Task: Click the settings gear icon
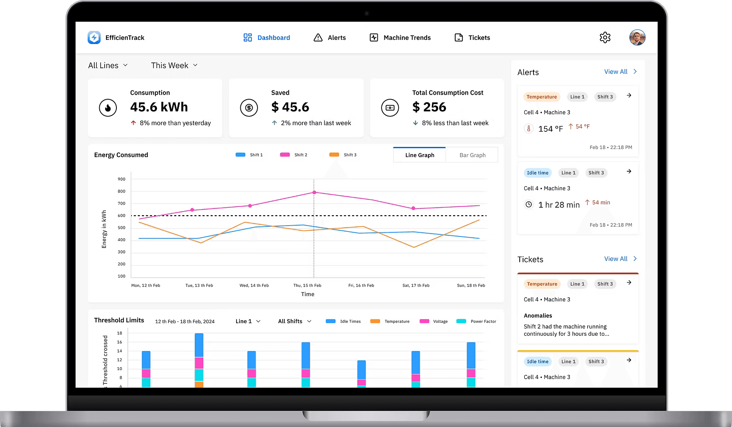[605, 38]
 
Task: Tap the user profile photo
[637, 38]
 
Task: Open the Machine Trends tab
[400, 38]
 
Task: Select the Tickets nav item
[472, 38]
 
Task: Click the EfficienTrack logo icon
[94, 38]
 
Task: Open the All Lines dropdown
[108, 65]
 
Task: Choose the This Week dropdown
[174, 65]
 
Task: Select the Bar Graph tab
[472, 155]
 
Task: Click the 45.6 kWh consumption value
[159, 107]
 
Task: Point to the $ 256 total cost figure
[429, 107]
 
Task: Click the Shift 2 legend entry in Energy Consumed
[294, 155]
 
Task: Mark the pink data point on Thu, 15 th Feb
[314, 193]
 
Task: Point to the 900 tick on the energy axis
[121, 179]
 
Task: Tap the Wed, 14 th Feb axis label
[254, 286]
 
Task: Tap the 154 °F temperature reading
[550, 129]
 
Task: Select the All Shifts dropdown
[295, 321]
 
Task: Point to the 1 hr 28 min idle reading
[559, 205]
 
